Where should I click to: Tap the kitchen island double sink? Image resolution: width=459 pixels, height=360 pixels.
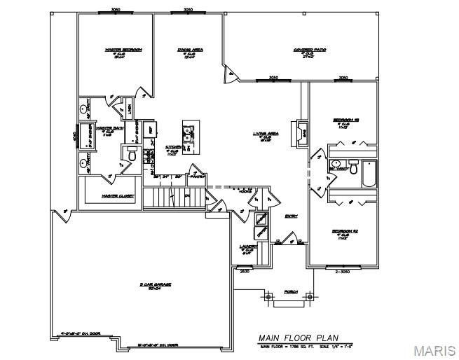tap(188, 133)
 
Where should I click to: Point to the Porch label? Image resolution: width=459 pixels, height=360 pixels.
tap(290, 291)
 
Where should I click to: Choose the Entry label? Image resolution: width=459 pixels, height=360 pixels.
tap(291, 216)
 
